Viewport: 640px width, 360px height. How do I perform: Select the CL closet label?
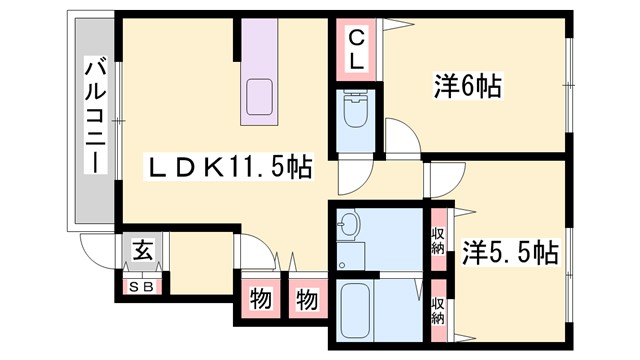click(357, 48)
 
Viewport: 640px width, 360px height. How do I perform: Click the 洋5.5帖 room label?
click(509, 253)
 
